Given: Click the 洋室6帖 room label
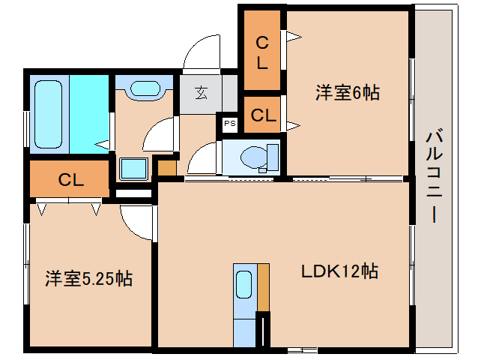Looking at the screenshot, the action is [348, 92].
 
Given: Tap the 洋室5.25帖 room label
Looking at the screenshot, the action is [88, 278].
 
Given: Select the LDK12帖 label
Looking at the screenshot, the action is [339, 271].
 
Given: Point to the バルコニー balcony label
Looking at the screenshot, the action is [434, 176].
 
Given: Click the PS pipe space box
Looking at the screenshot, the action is [230, 124].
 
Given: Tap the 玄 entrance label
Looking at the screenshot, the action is [201, 93].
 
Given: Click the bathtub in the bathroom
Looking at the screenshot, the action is [49, 115].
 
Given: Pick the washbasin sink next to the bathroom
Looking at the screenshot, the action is [145, 88].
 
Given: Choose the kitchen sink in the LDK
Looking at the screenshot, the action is [244, 284].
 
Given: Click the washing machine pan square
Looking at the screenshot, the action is [133, 169].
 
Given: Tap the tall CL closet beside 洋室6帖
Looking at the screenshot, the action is [262, 51].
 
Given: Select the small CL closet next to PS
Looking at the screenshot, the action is [262, 115].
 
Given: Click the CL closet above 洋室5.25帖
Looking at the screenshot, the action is [70, 179].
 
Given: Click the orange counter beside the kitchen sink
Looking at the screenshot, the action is [264, 287].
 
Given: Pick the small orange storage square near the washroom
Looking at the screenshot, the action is [167, 168].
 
